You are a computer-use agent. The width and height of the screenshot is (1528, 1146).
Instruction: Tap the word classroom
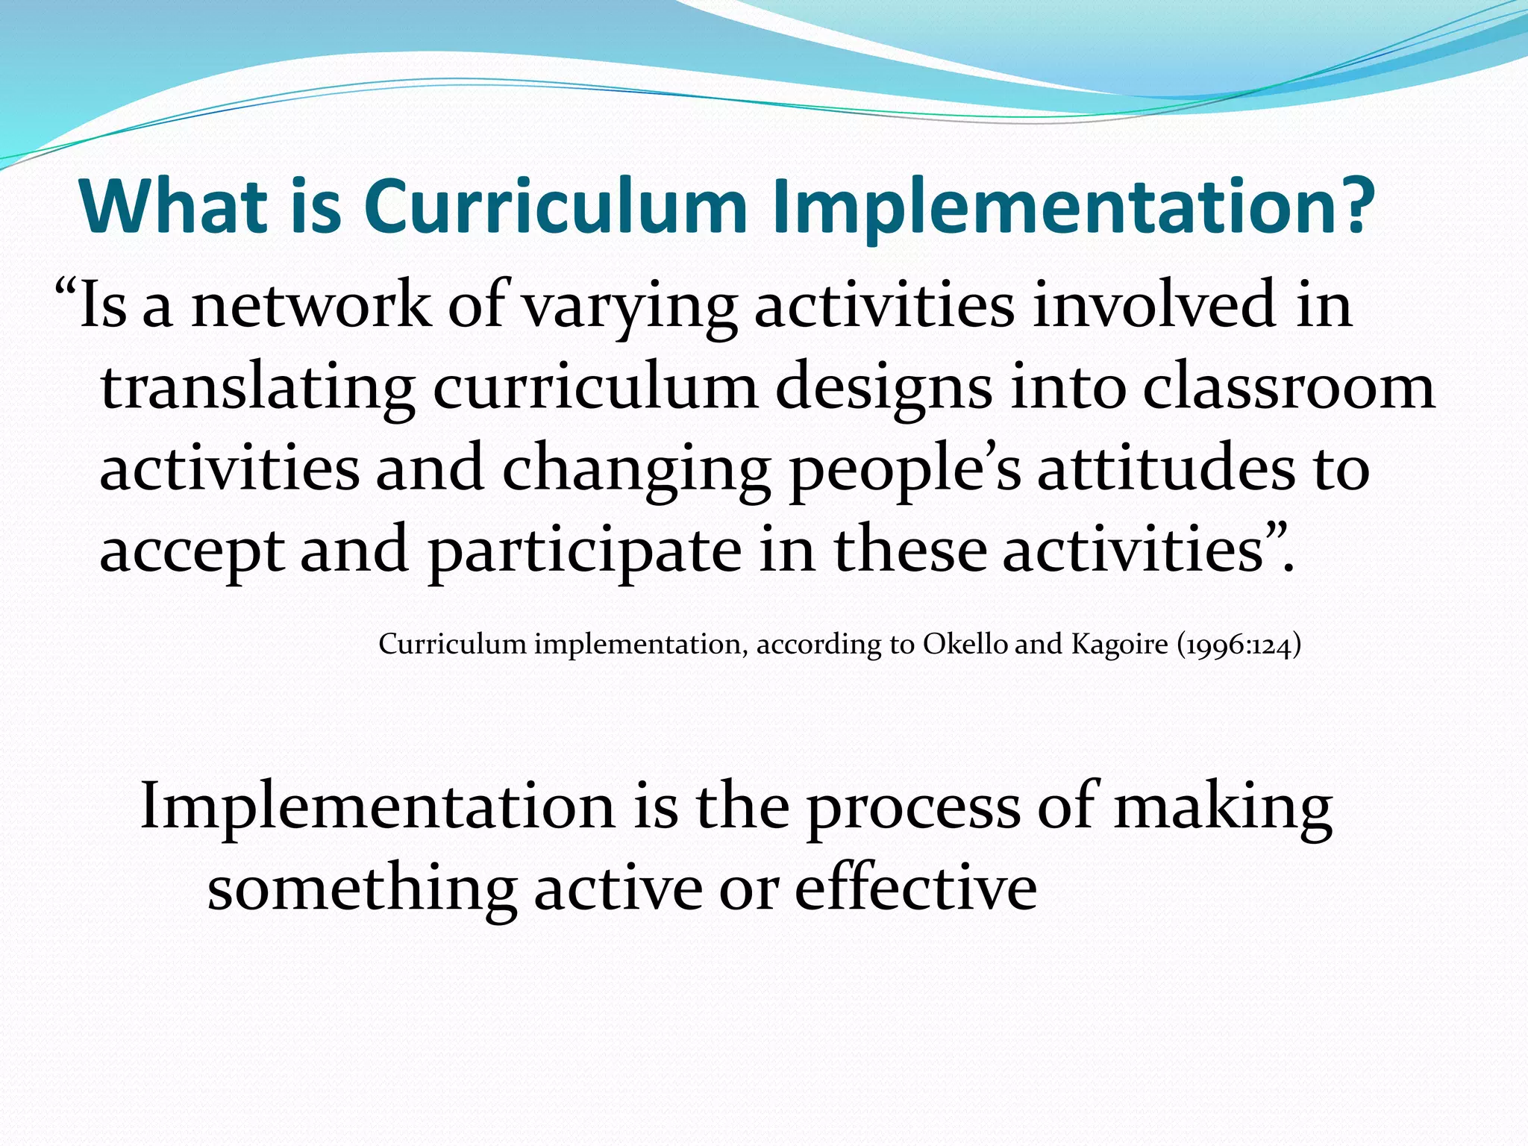[x=1289, y=388]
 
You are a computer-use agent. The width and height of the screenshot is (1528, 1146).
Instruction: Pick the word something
[x=363, y=890]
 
